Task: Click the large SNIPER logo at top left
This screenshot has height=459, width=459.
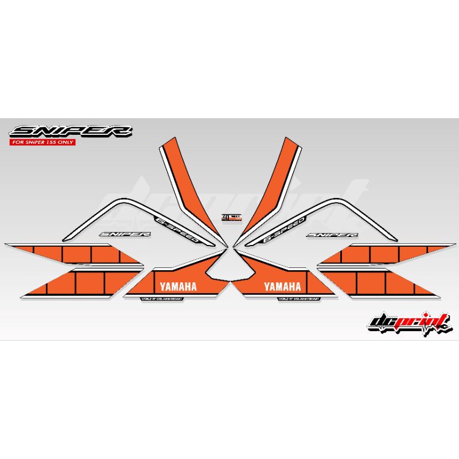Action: click(x=39, y=131)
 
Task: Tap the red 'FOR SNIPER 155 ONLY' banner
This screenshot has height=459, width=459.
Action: click(x=39, y=142)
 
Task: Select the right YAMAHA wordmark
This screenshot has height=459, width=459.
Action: click(x=282, y=286)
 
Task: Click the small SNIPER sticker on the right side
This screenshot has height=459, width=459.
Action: click(x=332, y=234)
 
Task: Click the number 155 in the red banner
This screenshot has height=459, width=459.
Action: click(x=58, y=142)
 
